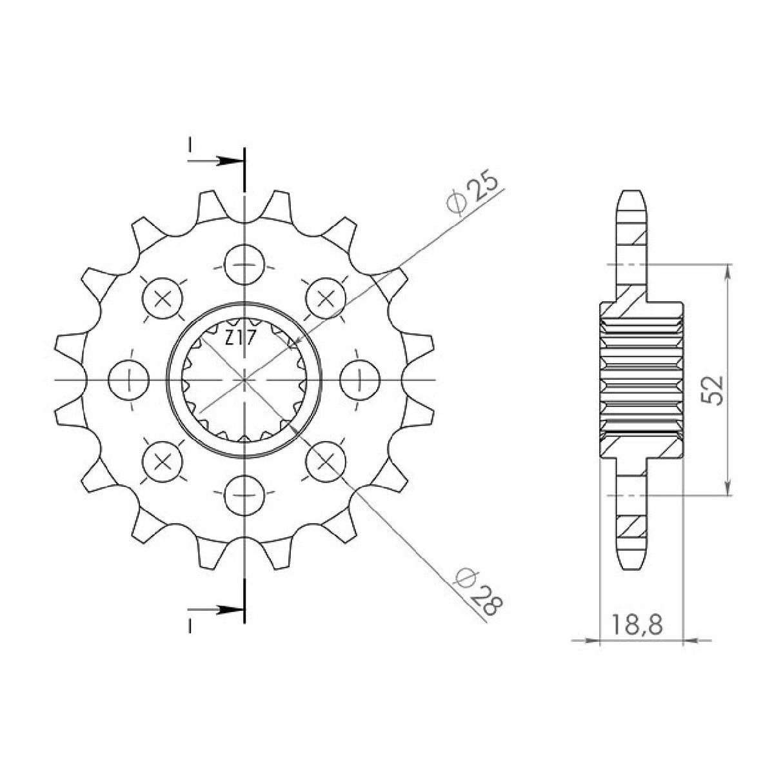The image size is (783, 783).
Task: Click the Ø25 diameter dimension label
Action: [474, 193]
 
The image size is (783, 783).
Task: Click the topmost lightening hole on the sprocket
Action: [244, 265]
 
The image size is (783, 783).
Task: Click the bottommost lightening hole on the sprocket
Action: [244, 495]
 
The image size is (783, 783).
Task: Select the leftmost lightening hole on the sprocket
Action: [130, 380]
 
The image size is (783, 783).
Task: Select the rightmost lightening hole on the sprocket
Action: [359, 380]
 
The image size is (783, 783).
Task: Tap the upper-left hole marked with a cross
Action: [163, 298]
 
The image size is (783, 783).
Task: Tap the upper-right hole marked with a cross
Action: [326, 298]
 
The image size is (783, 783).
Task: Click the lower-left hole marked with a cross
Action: [163, 461]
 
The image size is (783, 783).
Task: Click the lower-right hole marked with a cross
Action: [326, 461]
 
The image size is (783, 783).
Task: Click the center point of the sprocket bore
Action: [244, 380]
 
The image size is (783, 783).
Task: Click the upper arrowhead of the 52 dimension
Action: [728, 272]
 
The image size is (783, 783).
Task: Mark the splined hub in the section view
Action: [641, 379]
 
